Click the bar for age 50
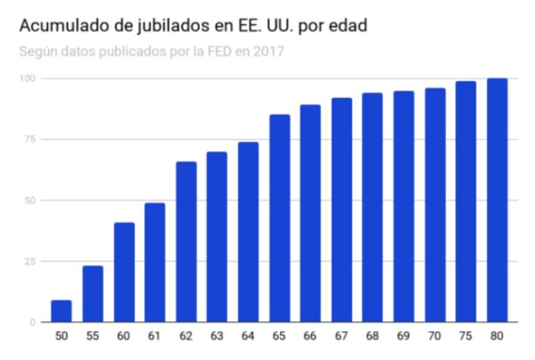click(61, 311)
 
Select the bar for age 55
click(93, 293)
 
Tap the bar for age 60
click(124, 272)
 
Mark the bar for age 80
click(497, 200)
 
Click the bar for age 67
click(341, 210)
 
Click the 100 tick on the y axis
click(27, 78)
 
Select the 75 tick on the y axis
click(29, 139)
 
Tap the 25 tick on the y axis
click(29, 261)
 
